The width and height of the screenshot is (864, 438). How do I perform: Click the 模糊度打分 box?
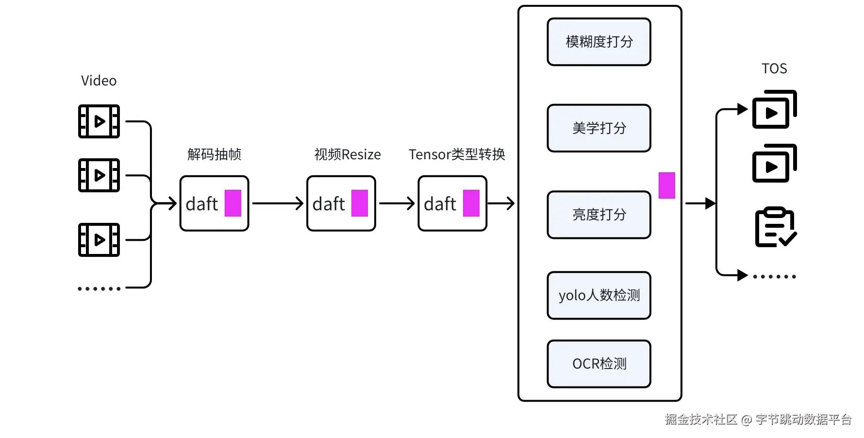(598, 42)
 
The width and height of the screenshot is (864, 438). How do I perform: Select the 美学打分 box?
(598, 128)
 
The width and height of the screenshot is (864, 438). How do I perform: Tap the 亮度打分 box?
(598, 215)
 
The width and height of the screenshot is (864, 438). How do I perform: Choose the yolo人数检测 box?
(598, 295)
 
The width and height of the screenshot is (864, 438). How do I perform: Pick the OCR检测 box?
(598, 364)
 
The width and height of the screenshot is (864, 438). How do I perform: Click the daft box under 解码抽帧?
(214, 203)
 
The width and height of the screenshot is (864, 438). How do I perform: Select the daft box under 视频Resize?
(341, 203)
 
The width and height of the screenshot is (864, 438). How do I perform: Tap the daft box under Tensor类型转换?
(452, 203)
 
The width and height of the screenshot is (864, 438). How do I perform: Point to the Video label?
(99, 81)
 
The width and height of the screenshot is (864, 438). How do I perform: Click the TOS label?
(774, 68)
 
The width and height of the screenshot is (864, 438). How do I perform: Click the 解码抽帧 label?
(214, 154)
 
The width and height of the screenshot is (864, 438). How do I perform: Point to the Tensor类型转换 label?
(456, 154)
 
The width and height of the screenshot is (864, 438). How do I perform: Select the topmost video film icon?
(99, 121)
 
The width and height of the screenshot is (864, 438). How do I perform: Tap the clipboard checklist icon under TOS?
(775, 227)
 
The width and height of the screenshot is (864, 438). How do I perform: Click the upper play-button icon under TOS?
(774, 110)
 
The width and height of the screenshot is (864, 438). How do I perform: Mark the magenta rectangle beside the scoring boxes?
(666, 185)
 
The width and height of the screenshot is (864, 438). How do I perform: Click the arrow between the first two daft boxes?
(278, 203)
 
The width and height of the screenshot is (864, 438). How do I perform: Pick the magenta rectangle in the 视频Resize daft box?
(359, 203)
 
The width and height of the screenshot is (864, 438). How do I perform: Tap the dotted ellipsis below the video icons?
(99, 288)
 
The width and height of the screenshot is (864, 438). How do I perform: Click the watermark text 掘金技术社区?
(701, 419)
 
